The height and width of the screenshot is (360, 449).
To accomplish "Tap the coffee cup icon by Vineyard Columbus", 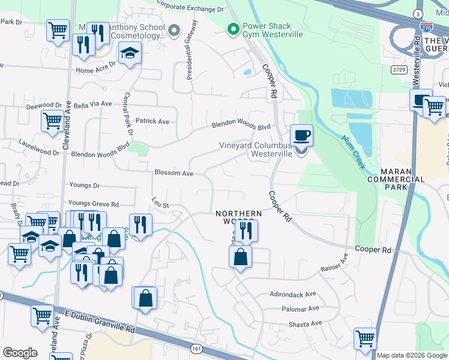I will click(x=301, y=135).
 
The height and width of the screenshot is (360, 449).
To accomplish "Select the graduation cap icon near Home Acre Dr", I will click(x=130, y=53).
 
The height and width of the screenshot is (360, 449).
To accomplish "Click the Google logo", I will click(x=20, y=353).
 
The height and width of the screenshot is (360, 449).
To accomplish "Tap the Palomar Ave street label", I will click(x=300, y=308).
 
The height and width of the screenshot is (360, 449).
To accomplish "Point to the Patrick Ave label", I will click(x=152, y=121).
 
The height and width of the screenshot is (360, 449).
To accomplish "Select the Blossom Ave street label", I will click(x=173, y=173).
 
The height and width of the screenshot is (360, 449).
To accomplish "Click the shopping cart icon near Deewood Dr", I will click(x=52, y=121).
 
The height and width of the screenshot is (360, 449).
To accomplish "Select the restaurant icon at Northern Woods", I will click(x=246, y=230).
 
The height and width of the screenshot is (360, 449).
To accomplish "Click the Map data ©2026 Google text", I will click(x=412, y=355).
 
